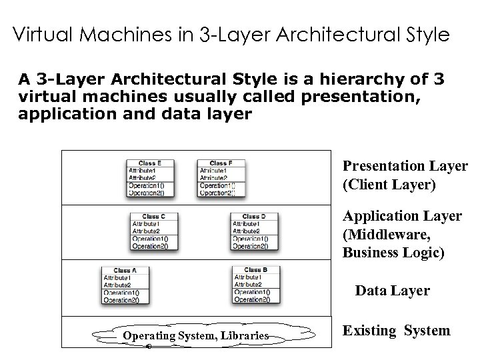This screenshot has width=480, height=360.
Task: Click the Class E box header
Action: click(147, 163)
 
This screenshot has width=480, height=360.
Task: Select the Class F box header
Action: click(220, 163)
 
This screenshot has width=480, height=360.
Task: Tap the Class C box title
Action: click(151, 216)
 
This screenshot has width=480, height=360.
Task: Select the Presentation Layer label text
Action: click(405, 166)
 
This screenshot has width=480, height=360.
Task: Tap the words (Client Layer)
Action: click(389, 185)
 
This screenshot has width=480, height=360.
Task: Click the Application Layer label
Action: click(401, 216)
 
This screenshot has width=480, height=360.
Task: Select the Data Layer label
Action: click(393, 291)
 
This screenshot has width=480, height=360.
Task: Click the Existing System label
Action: click(396, 330)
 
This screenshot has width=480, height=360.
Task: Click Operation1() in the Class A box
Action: click(122, 293)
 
